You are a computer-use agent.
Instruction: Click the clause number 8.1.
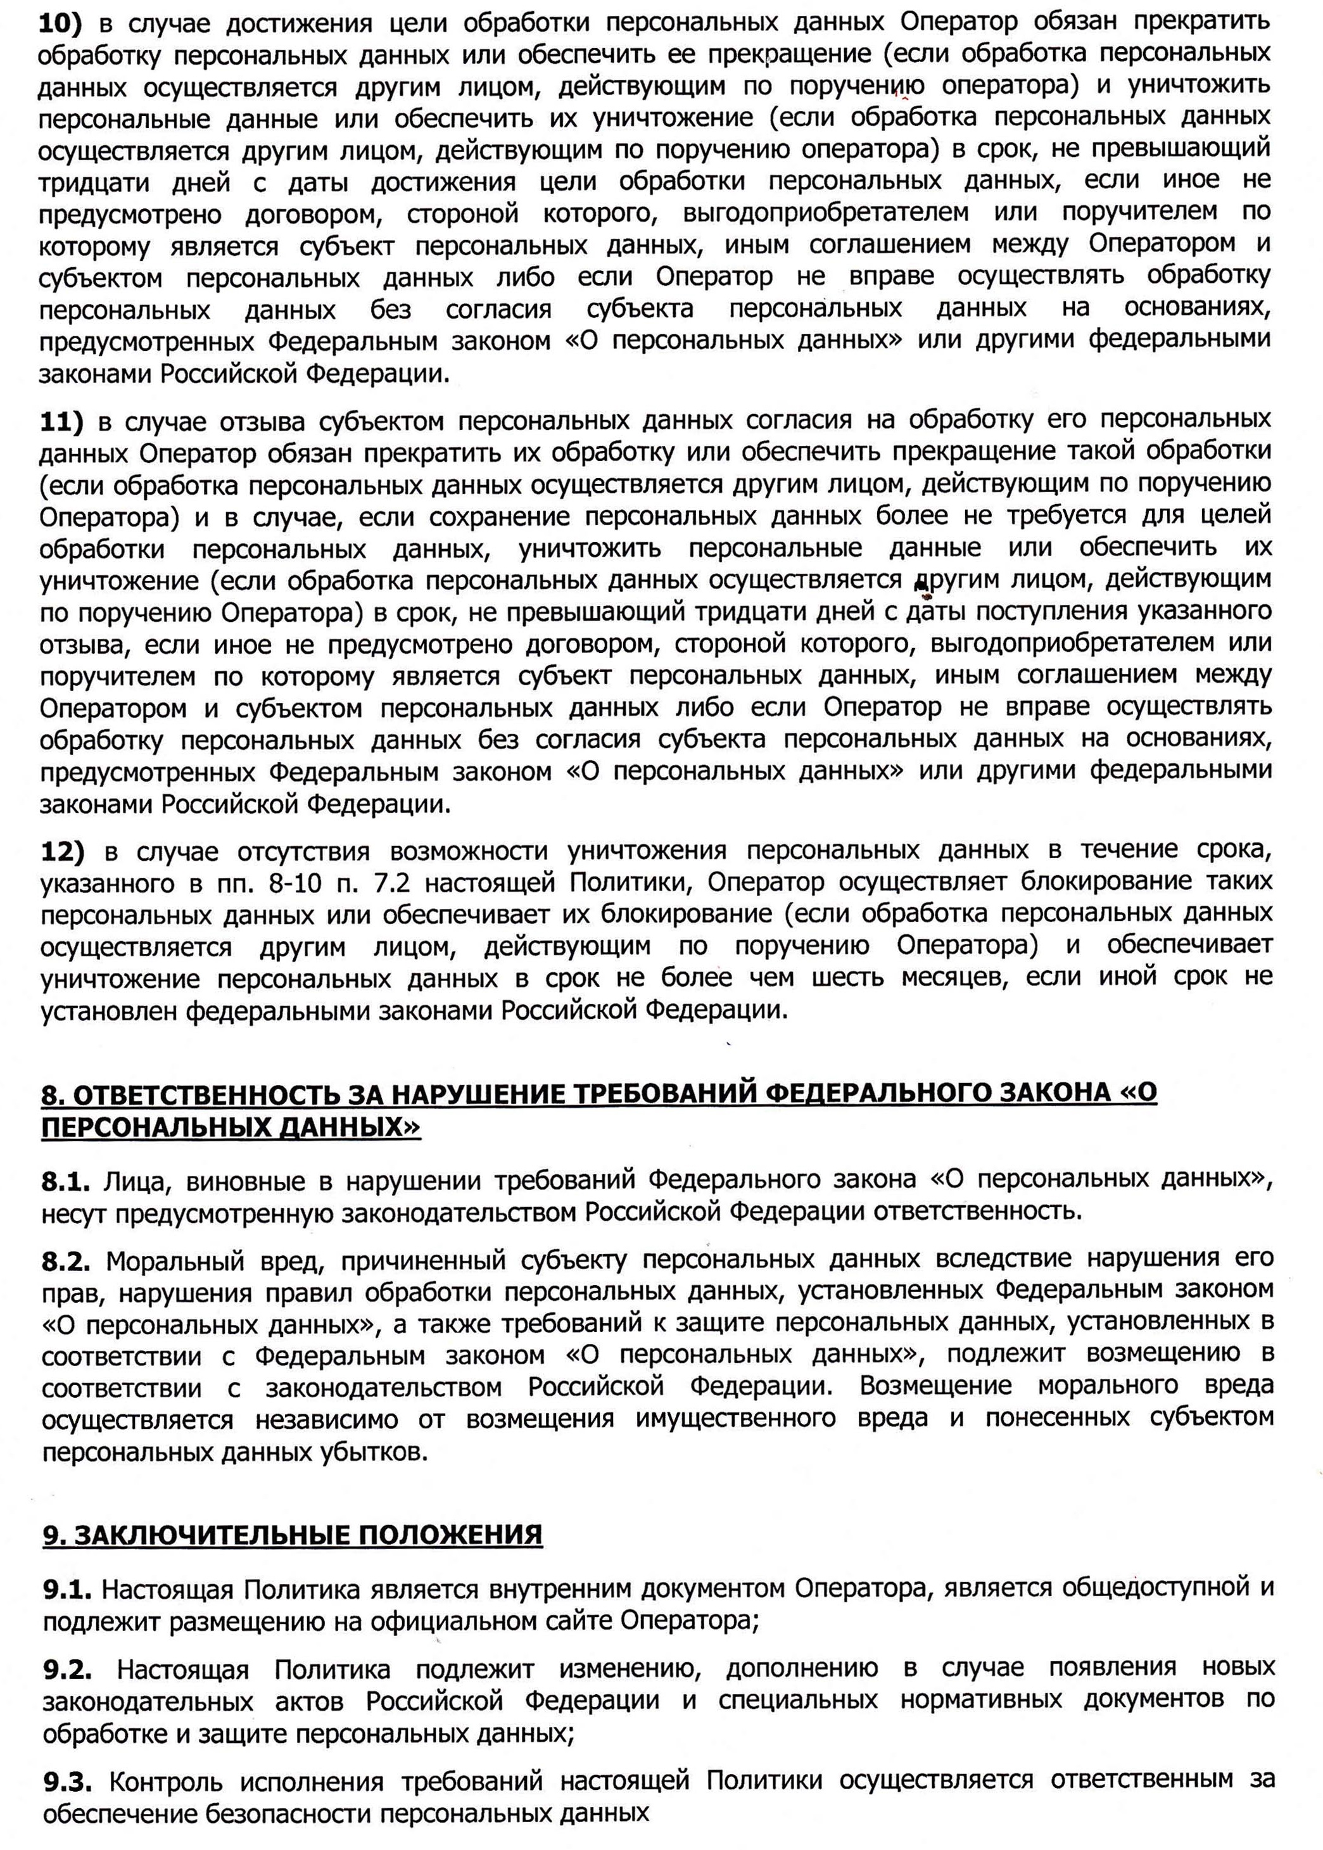(65, 1181)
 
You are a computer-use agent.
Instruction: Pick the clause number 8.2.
(65, 1261)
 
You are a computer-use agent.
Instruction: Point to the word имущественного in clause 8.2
(736, 1419)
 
